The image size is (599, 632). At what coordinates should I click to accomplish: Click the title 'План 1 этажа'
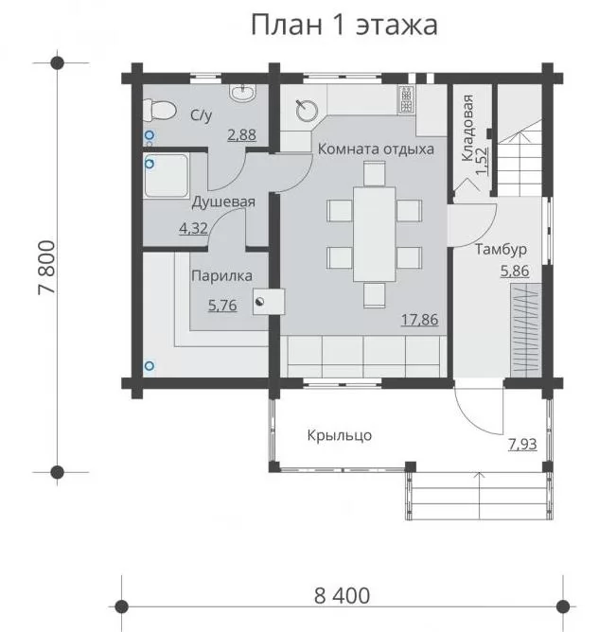tap(344, 25)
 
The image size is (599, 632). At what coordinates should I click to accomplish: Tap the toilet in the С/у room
tap(160, 111)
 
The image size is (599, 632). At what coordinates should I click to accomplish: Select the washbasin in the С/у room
tap(242, 93)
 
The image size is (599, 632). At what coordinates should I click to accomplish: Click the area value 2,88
tap(242, 134)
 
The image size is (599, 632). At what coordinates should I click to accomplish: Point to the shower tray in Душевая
tap(167, 175)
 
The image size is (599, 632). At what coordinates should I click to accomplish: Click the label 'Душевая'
tap(223, 202)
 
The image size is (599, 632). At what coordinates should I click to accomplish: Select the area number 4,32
tap(193, 229)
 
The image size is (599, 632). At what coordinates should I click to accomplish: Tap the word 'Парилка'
tap(222, 275)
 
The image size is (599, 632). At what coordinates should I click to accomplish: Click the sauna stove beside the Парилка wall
tap(269, 302)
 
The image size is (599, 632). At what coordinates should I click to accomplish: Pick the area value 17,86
tap(419, 320)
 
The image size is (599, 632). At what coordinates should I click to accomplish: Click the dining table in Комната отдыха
tap(374, 234)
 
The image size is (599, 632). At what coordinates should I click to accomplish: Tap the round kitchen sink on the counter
tap(308, 111)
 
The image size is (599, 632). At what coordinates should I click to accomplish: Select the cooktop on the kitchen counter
tap(407, 99)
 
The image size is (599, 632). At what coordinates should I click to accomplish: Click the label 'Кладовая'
tap(467, 128)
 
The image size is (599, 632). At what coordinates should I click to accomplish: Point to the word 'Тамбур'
tap(501, 249)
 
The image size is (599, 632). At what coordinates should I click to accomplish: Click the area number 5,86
tap(515, 271)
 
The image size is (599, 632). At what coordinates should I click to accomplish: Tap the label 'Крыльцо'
tap(340, 435)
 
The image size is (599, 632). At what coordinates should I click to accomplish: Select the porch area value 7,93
tap(522, 444)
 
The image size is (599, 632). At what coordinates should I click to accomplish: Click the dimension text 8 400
tap(342, 596)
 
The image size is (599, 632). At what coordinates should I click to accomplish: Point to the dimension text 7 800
tap(46, 267)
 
